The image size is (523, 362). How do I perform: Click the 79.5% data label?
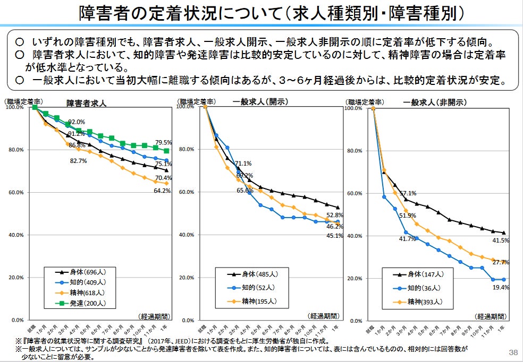(163, 143)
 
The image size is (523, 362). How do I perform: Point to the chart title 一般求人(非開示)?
(434, 102)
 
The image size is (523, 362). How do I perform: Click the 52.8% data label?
(334, 216)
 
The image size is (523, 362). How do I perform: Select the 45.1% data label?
(334, 236)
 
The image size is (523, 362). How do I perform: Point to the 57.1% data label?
(408, 193)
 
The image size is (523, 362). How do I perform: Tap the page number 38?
(513, 352)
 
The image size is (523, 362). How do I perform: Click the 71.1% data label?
(243, 163)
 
